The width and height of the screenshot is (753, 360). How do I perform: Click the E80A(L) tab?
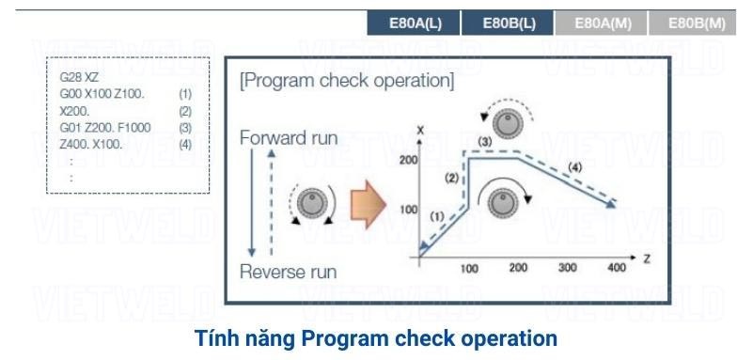414,23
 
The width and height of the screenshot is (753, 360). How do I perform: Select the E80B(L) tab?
508,23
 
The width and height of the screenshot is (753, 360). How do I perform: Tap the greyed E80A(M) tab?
602,23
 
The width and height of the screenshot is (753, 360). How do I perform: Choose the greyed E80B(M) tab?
693,23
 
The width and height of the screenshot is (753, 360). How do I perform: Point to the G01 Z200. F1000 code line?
105,128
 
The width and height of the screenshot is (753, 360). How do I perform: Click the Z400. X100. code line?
91,144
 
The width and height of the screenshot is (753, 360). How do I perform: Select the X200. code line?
74,111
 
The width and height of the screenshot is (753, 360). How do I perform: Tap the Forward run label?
289,138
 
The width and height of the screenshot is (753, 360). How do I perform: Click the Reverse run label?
289,273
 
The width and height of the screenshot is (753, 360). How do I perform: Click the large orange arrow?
369,205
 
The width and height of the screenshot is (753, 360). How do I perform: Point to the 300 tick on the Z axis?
568,267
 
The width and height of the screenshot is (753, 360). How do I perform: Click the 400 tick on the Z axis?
616,267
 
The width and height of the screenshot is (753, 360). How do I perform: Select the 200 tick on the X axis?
408,160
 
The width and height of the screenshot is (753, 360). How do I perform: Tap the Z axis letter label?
647,258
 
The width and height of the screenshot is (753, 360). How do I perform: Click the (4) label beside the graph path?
574,168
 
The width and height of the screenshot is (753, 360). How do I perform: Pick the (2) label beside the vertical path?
452,179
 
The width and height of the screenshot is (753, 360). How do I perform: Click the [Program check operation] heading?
346,81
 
